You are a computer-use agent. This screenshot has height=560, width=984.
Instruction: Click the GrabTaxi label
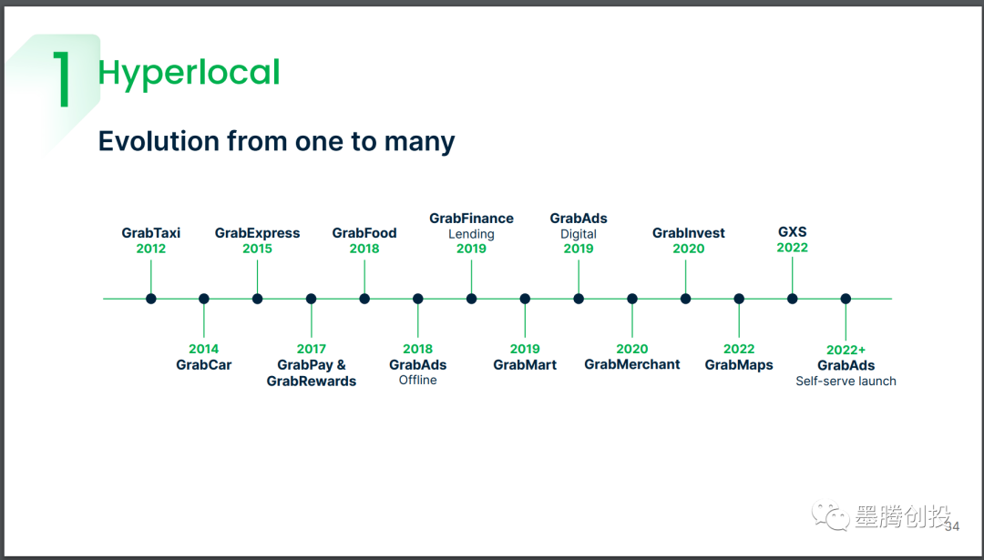(150, 233)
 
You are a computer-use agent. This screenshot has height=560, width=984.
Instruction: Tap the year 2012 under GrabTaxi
(150, 249)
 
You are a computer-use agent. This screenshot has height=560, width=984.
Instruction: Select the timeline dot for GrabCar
(204, 299)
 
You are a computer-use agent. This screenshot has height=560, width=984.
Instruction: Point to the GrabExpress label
(257, 233)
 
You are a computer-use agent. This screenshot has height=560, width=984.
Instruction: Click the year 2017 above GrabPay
(312, 349)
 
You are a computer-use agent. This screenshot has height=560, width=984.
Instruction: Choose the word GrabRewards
(312, 382)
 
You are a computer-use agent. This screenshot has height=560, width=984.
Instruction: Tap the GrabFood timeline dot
(364, 299)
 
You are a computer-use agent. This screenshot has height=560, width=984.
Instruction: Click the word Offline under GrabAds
(418, 380)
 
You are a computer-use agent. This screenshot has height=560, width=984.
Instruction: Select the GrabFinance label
(471, 219)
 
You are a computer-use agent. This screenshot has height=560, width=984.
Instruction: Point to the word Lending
(471, 234)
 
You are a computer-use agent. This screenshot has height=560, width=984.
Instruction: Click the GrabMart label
(525, 365)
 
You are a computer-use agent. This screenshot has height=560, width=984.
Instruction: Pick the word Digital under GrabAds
(579, 234)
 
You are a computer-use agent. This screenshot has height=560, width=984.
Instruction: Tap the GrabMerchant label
(632, 364)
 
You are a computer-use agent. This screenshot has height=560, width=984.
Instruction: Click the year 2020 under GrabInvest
(689, 249)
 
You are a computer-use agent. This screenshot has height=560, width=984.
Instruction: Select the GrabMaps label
(739, 365)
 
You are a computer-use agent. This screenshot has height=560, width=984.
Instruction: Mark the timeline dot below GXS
(793, 299)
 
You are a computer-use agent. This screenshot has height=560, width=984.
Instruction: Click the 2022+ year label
(846, 350)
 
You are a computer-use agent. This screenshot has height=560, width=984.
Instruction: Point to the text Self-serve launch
(846, 381)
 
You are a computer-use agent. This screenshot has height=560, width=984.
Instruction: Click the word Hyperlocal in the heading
(189, 73)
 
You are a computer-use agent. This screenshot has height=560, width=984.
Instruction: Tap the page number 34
(952, 526)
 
